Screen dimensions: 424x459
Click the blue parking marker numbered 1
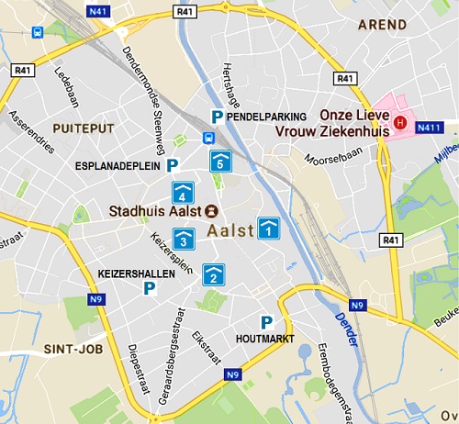[268, 228]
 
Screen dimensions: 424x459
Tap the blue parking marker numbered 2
[212, 273]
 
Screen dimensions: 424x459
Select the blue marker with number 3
[184, 240]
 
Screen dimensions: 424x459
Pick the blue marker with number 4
[183, 193]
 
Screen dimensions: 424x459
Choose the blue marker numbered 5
[219, 162]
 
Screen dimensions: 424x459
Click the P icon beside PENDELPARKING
[217, 117]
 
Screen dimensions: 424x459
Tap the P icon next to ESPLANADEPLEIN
[172, 166]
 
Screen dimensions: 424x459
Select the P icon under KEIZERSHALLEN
[149, 288]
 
